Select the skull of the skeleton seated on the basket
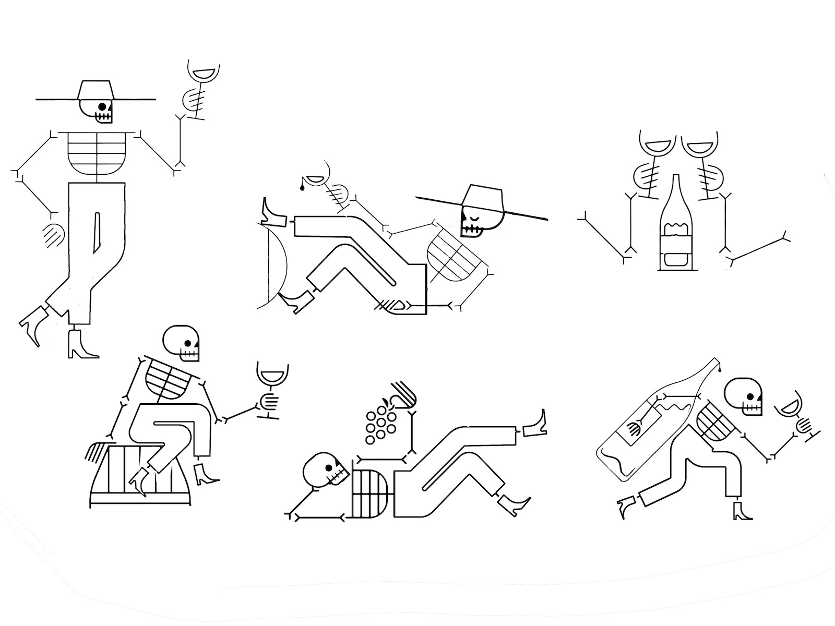tap(182, 343)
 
